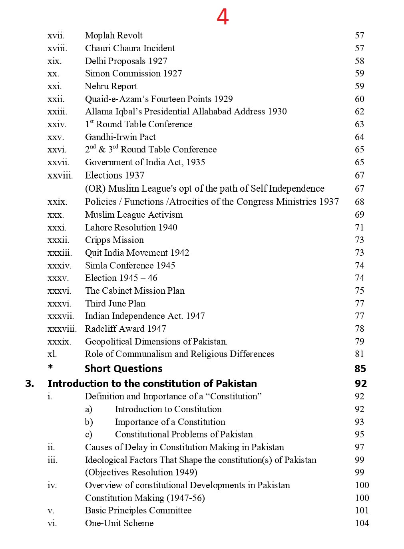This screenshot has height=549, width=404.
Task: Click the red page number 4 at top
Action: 223,17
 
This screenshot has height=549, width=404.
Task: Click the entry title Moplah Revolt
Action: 113,36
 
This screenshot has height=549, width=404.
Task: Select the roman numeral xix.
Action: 54,61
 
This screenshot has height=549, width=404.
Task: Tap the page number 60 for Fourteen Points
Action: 359,99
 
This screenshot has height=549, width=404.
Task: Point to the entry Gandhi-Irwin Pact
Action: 120,137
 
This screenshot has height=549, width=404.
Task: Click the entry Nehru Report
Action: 111,86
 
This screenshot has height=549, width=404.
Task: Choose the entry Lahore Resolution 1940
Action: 131,227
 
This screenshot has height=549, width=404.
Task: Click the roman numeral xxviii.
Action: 60,175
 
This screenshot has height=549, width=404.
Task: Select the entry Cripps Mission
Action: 114,240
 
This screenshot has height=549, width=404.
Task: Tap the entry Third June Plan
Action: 115,303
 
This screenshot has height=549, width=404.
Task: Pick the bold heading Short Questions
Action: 123,369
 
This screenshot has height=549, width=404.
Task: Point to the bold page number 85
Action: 360,369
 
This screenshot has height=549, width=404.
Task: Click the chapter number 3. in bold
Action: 30,383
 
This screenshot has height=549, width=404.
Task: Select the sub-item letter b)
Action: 89,422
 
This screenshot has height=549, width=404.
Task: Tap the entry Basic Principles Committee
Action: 138,511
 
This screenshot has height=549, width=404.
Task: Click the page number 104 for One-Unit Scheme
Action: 362,523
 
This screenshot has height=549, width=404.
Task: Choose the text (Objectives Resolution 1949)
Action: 141,472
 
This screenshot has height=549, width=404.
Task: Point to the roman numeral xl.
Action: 52,354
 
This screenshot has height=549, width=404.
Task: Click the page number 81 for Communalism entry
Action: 359,354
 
